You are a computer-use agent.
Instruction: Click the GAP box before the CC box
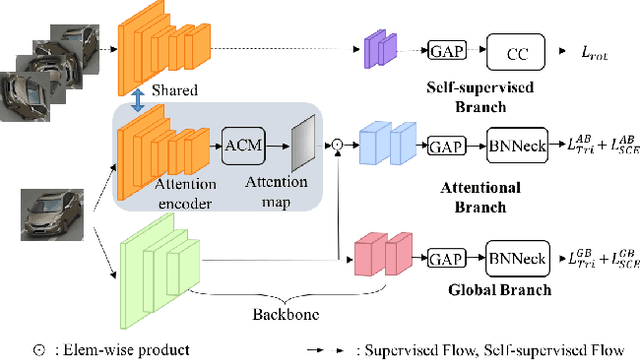coord(444,50)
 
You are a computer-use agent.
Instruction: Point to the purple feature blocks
coord(379,49)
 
